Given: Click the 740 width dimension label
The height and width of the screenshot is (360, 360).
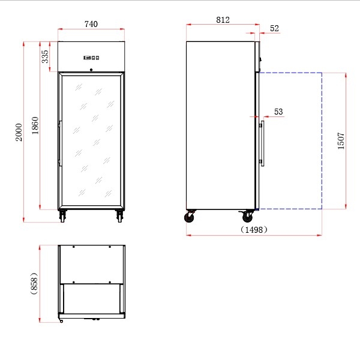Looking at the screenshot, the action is coord(91,24).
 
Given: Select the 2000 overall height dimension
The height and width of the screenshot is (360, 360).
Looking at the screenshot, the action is coord(19,132).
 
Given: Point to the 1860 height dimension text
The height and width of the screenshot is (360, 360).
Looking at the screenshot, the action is coord(35,125).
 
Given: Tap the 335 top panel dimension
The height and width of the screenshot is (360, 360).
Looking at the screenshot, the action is coord(45,56).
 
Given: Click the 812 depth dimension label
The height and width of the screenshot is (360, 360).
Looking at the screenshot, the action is coord(223,20).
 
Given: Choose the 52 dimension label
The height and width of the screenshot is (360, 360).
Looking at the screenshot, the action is coord(274,28).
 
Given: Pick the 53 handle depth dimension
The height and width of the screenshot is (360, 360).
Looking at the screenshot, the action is coord(278,112).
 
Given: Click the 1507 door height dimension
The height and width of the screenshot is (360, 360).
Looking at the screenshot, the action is coord(341,141).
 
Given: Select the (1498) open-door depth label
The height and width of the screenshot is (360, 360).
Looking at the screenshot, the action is coord(254,229).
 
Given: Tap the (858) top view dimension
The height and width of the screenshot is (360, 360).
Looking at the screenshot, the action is coord(34,284).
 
